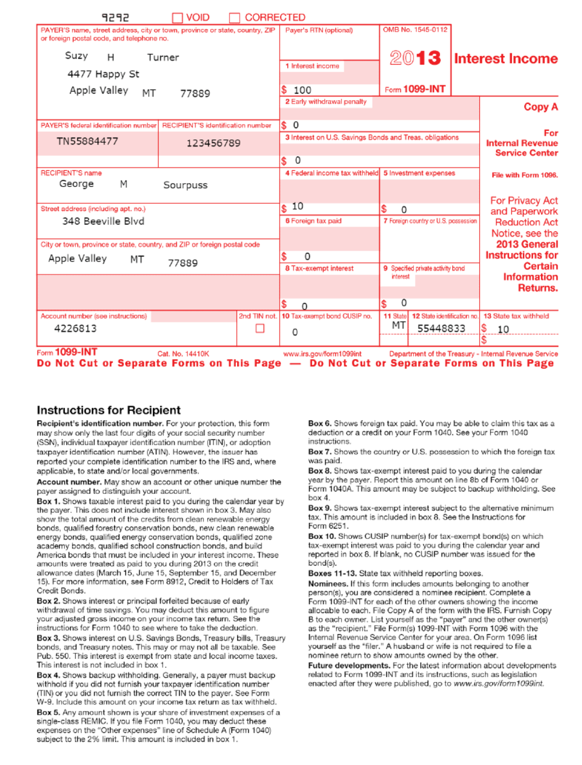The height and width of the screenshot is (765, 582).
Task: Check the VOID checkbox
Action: point(177,18)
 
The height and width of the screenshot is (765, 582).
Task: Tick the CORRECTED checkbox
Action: point(234,18)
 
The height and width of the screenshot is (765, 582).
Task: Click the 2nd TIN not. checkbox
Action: point(260,329)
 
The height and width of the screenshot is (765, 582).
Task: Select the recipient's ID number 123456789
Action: point(213,143)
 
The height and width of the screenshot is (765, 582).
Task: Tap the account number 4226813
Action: point(75,329)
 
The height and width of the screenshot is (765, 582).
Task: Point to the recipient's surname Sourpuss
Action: point(185,185)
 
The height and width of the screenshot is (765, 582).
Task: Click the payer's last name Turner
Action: point(163,58)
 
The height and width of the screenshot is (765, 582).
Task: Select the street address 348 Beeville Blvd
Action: point(103,222)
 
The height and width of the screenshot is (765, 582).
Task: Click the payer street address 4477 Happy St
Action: point(103,75)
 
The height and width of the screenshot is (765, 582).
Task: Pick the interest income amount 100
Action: point(302,91)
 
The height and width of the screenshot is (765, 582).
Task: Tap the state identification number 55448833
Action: point(441,329)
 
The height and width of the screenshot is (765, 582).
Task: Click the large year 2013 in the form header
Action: point(416,59)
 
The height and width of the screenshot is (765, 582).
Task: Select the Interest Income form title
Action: point(506,59)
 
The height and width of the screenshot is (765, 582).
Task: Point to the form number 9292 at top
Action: point(116,18)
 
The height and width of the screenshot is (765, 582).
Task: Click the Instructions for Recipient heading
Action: point(109,410)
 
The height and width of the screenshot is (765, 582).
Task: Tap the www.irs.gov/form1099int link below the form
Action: point(322,354)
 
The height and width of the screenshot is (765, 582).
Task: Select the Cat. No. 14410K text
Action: point(183,354)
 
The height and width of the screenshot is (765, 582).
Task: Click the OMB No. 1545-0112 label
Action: point(416,30)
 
